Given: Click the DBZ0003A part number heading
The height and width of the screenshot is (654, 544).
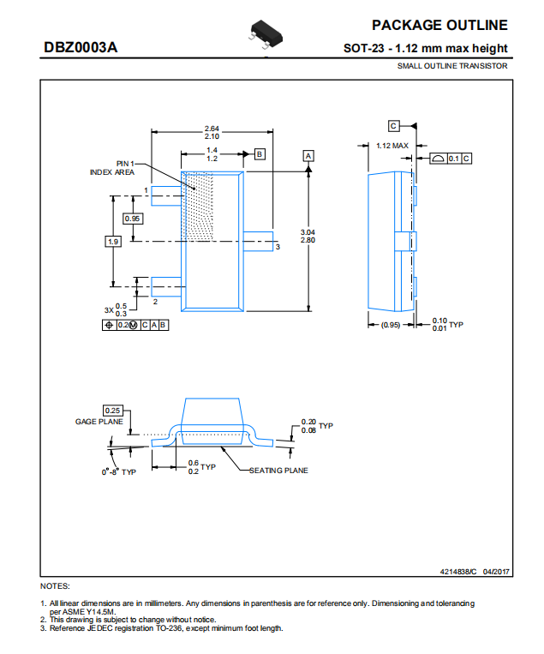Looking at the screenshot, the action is point(81,47).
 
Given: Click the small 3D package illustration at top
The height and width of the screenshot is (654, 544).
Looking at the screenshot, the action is point(266,33).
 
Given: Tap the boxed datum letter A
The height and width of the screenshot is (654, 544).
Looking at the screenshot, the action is point(308,156).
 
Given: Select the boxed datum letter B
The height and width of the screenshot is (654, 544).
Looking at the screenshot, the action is point(260,154).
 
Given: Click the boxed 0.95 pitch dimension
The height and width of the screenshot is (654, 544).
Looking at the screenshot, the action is point(133,219).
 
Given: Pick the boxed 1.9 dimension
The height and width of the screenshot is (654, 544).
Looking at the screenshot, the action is point(113,242).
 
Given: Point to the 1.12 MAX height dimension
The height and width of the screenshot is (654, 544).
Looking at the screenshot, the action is point(392,146).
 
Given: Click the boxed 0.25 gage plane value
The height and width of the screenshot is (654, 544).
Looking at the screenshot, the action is point(112,411).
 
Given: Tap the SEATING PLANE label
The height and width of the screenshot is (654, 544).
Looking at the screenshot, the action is point(278,471).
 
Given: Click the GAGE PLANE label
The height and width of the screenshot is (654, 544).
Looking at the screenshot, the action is point(99,422).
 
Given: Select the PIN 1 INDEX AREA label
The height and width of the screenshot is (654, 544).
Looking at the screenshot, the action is point(112,168).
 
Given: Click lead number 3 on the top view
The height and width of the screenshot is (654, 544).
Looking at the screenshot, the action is point(278,247).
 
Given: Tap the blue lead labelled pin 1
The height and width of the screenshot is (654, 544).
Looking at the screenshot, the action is point(166,196).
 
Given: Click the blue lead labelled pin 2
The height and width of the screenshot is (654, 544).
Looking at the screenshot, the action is point(166,286).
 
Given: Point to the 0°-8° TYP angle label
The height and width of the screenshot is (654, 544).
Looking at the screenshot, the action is point(119,471).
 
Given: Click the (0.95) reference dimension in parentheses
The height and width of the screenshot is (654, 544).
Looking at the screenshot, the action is point(391,325).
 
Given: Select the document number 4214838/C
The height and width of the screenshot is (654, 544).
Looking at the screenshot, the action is point(458,572).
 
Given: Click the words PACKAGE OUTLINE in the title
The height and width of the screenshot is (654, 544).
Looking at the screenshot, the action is point(439,25).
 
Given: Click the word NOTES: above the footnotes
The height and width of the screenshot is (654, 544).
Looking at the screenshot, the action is point(55,586).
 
